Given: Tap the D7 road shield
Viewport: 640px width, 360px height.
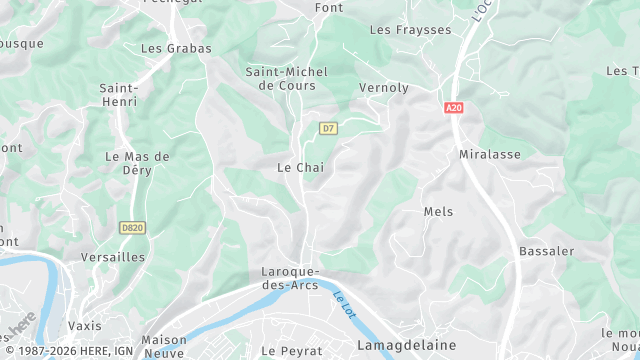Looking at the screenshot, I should point(328,128).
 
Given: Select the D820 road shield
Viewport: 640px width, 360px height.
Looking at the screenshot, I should point(132,228).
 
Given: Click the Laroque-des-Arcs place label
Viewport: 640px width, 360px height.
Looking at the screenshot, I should point(289,278).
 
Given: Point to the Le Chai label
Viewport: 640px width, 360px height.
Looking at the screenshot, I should point(299,167).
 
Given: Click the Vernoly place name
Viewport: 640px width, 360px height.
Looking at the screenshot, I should point(384,88).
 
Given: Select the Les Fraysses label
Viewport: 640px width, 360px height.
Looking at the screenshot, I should point(410,30).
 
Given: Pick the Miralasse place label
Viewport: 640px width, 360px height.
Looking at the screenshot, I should point(490,155).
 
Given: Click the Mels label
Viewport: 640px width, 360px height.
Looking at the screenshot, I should point(438,212).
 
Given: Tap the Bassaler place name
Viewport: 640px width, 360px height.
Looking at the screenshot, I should point(544,251).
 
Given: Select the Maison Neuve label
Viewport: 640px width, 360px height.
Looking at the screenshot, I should point(164,345).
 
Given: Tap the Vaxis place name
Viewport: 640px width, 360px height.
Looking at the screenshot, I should point(85,326).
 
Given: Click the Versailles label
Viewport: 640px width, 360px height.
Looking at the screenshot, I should point(113,257).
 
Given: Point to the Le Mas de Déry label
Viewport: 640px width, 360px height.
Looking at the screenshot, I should point(138,163).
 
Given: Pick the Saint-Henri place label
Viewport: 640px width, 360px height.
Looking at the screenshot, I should point(118,95).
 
